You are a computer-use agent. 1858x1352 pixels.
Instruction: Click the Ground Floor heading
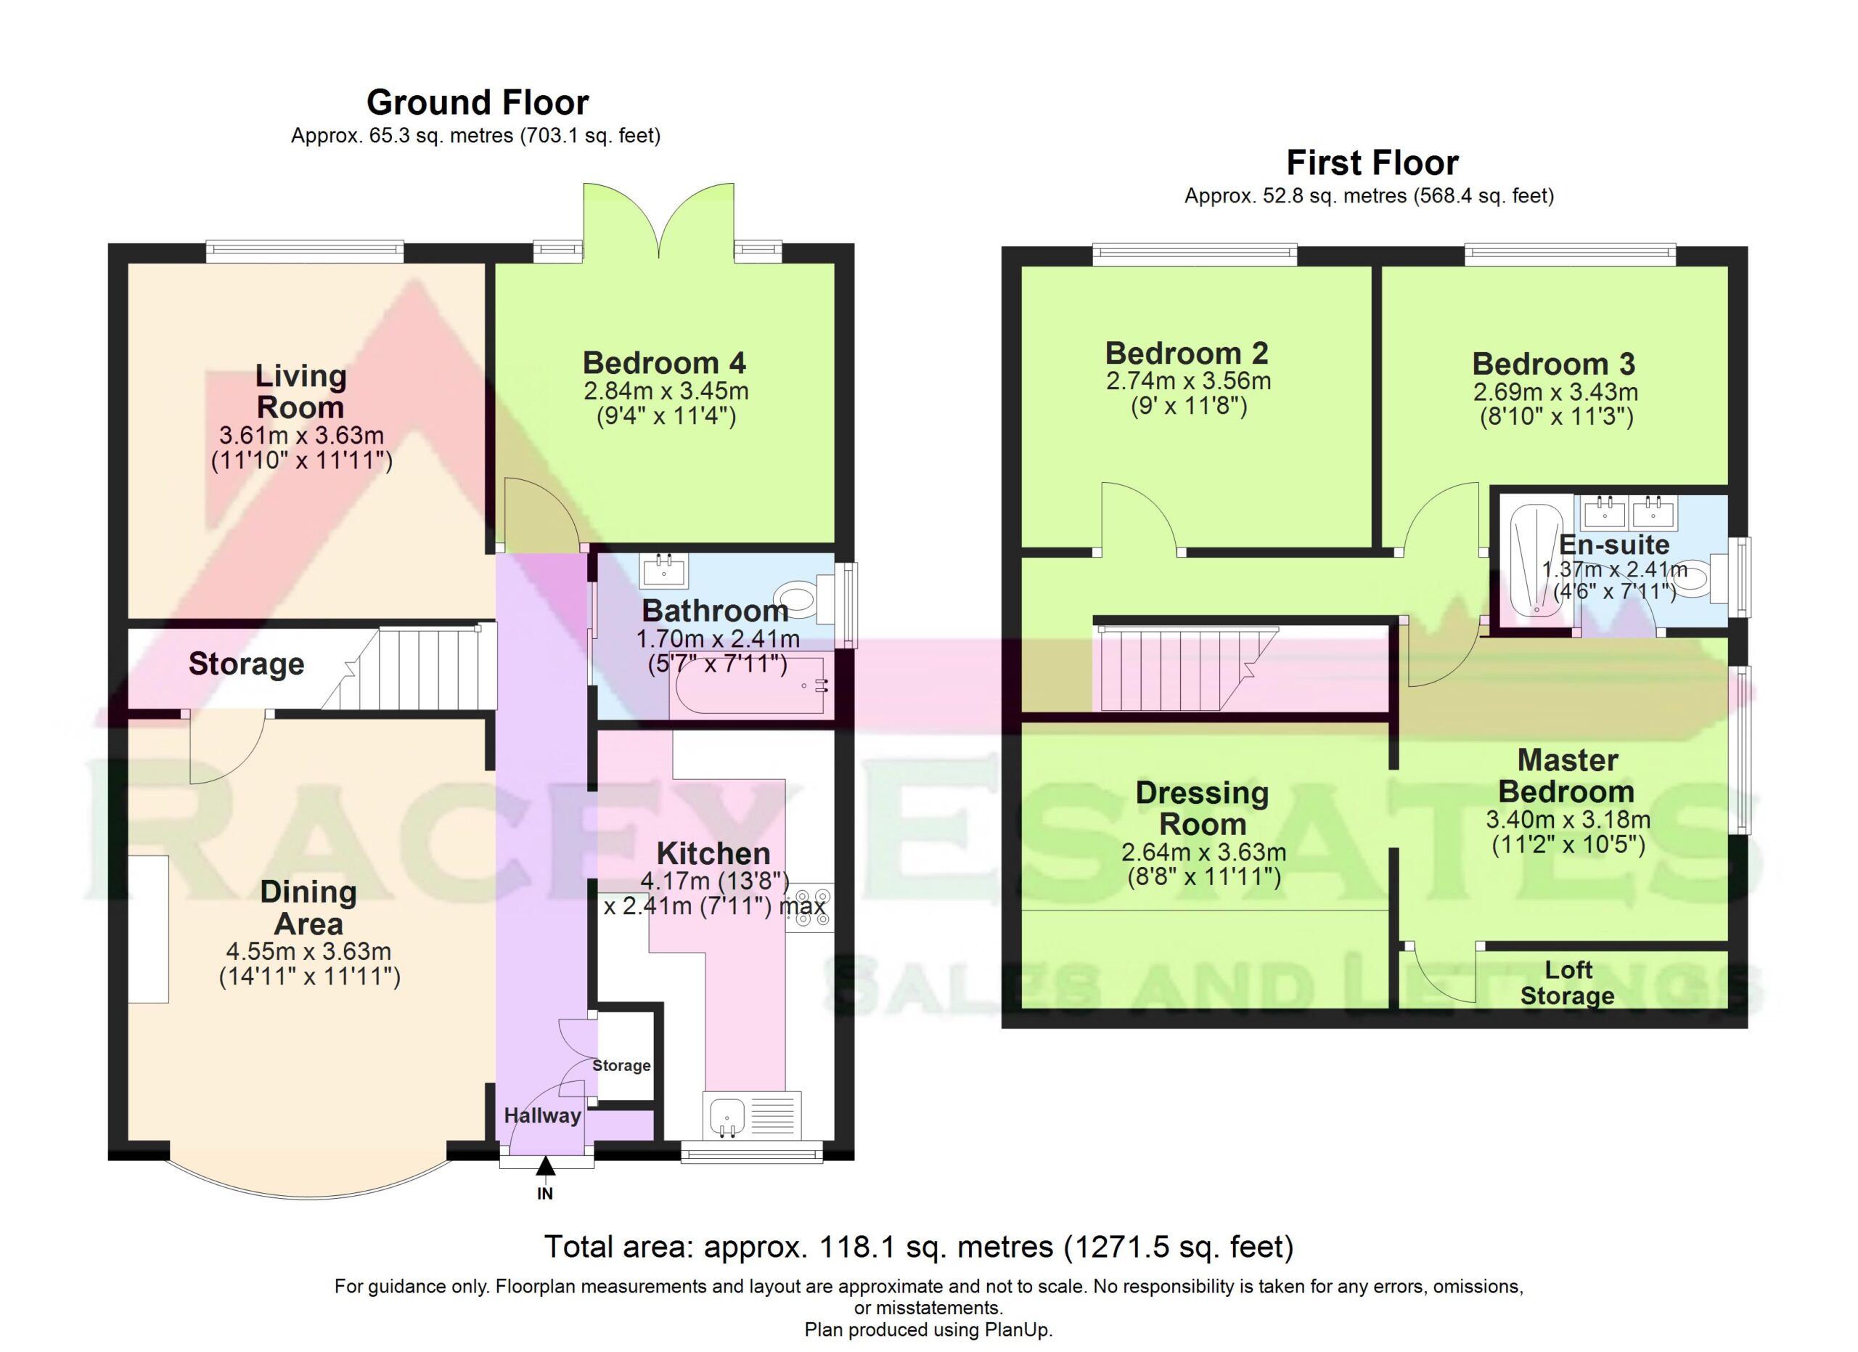pos(478,103)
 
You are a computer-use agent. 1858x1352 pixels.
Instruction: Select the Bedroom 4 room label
pos(664,363)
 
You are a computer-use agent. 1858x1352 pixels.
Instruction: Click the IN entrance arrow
pos(545,1165)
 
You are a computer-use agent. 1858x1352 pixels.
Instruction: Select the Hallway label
pos(542,1115)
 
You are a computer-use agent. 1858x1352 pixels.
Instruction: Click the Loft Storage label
pos(1567,982)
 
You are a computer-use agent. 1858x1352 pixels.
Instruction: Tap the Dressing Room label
pos(1203,808)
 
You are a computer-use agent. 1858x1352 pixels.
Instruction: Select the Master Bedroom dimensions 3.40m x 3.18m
pos(1568,819)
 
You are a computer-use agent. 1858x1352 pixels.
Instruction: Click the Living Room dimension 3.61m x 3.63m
pos(301,435)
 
